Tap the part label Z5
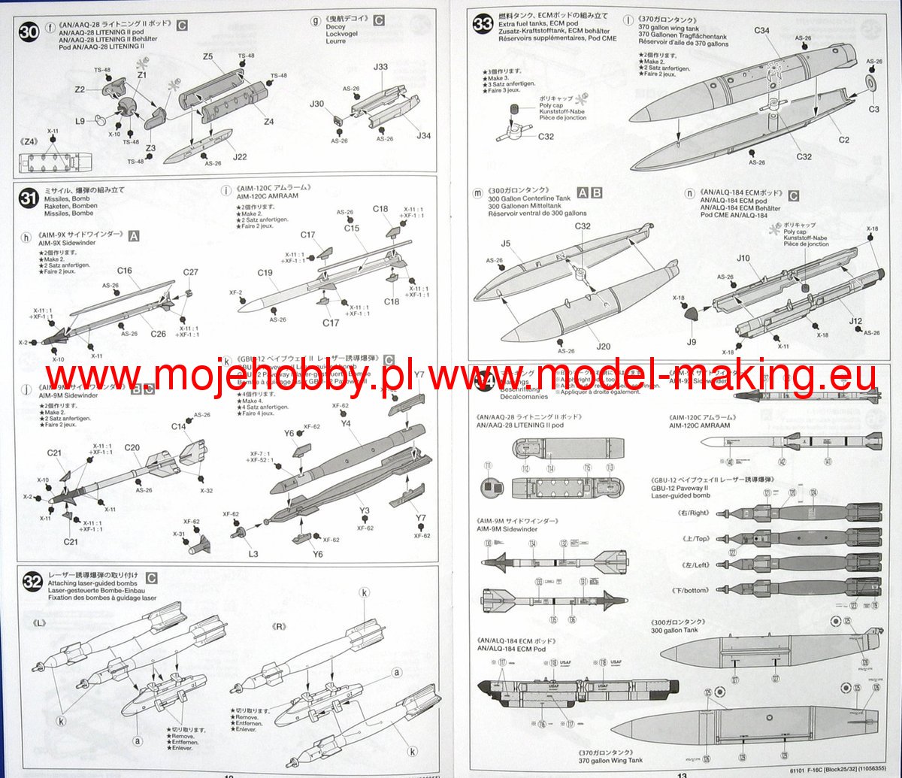pyautogui.click(x=208, y=57)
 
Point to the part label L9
pyautogui.click(x=80, y=120)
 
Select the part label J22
pyautogui.click(x=240, y=156)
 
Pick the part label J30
pyautogui.click(x=317, y=104)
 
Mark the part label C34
pyautogui.click(x=761, y=31)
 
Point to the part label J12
pyautogui.click(x=855, y=321)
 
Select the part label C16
pyautogui.click(x=125, y=270)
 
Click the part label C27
pyautogui.click(x=191, y=272)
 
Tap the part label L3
pyautogui.click(x=253, y=554)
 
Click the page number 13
pyautogui.click(x=682, y=772)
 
